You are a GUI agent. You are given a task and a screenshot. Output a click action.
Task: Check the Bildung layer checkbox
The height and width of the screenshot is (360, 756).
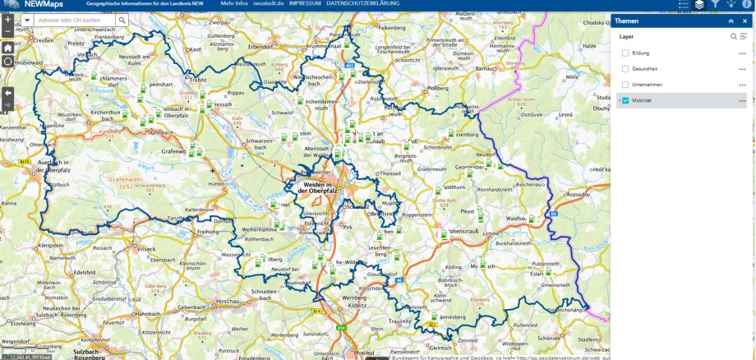pyautogui.click(x=625, y=53)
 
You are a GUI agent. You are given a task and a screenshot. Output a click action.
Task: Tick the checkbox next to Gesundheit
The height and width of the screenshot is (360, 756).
pyautogui.click(x=625, y=68)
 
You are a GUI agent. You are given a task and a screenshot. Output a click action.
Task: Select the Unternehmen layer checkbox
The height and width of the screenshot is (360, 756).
pyautogui.click(x=625, y=85)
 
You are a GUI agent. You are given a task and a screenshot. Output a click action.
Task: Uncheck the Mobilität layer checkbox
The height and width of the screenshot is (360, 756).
pyautogui.click(x=625, y=100)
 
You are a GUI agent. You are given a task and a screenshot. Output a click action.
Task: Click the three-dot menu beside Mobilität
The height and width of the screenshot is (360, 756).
pyautogui.click(x=742, y=100)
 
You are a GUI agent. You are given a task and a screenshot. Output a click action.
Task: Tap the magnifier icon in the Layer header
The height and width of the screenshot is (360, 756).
pyautogui.click(x=734, y=36)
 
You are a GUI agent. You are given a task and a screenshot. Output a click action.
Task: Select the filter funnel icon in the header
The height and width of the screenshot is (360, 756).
pyautogui.click(x=715, y=4)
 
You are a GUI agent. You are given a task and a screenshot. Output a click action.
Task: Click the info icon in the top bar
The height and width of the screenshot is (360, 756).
pyautogui.click(x=748, y=4)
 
